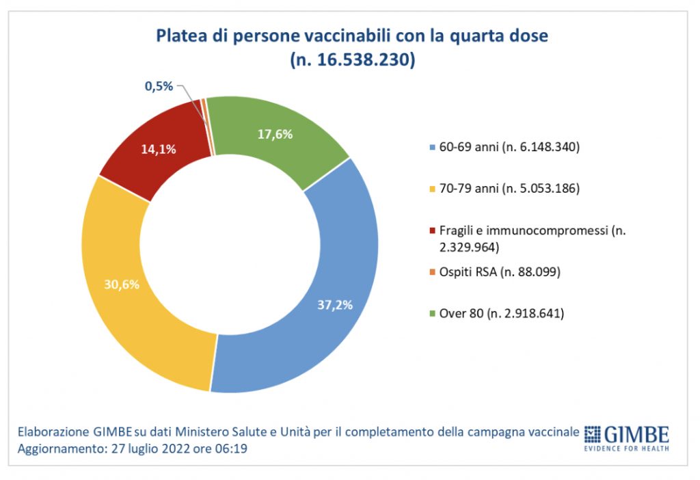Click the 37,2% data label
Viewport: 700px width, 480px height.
(335, 305)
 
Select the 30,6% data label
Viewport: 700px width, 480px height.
(122, 284)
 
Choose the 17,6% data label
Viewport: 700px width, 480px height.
(275, 135)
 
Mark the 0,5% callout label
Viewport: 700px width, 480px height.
(159, 87)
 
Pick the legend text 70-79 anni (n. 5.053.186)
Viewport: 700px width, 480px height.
(507, 188)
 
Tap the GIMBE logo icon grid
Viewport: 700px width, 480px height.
(592, 434)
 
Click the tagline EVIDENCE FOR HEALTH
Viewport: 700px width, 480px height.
(626, 449)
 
